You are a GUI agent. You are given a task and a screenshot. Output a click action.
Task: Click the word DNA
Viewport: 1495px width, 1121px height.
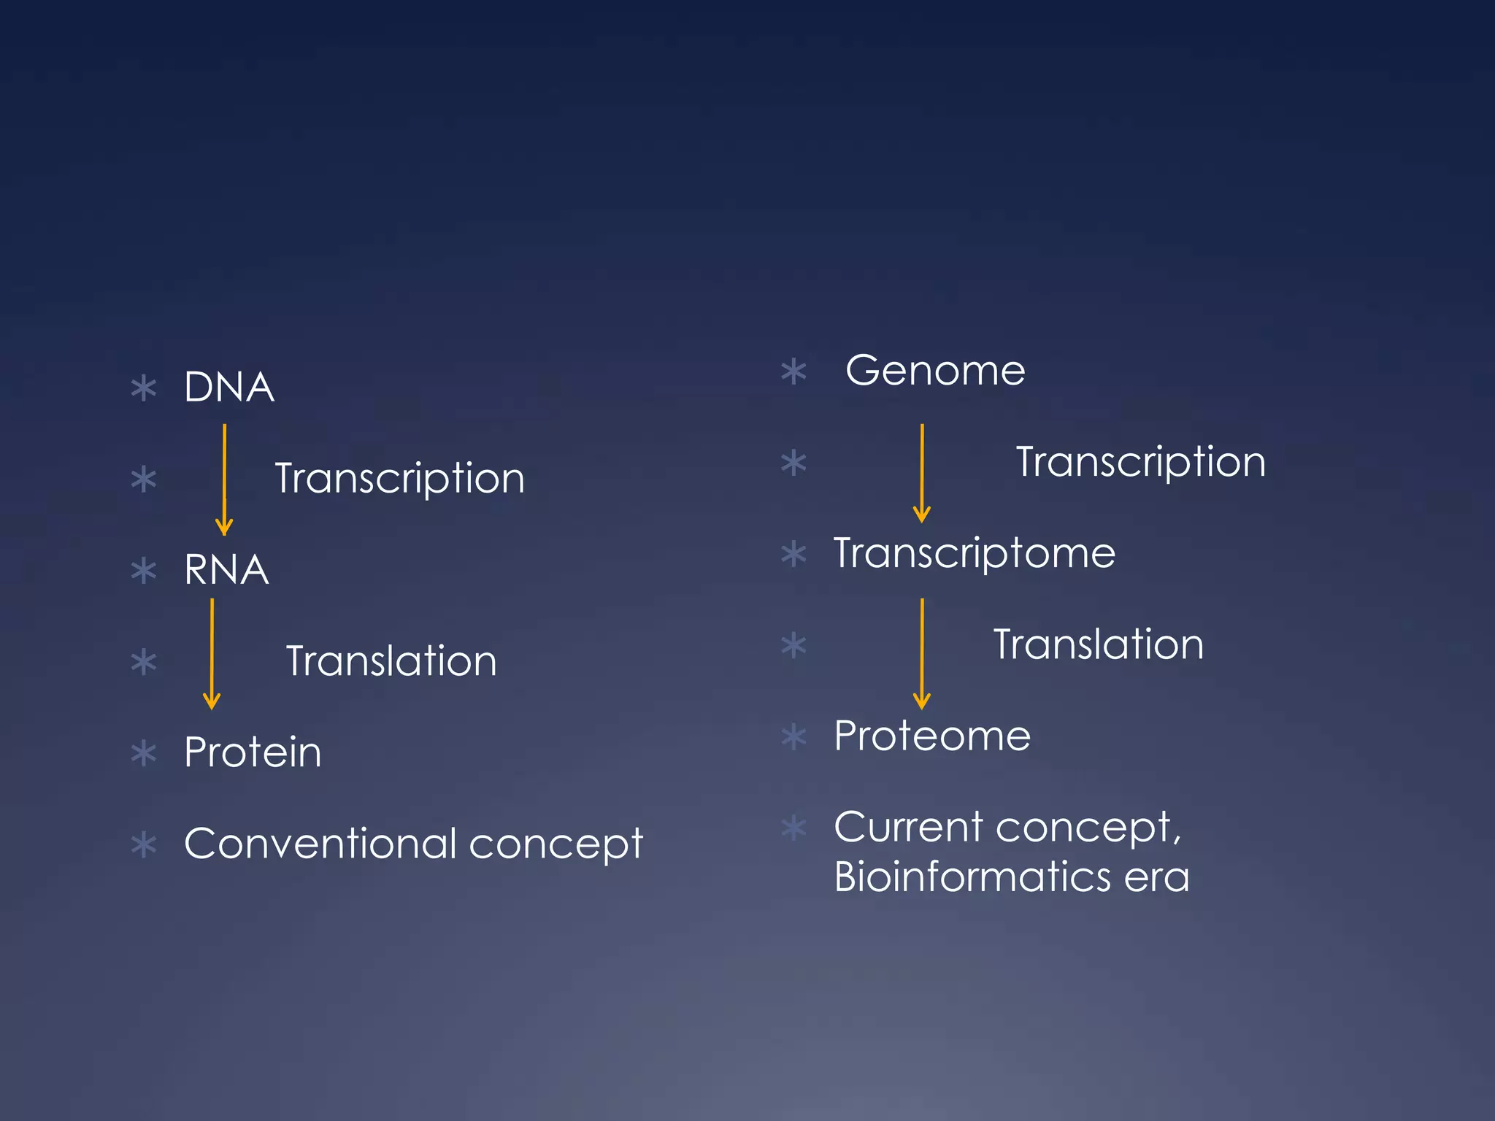tap(228, 387)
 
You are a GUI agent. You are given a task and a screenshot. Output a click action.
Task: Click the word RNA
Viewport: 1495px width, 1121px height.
tap(226, 570)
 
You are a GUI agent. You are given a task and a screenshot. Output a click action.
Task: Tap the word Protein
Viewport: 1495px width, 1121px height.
tap(253, 752)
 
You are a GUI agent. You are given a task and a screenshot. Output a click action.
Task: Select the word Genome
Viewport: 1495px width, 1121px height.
tap(935, 371)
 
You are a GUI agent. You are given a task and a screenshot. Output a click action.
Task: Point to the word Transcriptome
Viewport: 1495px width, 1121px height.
tap(975, 553)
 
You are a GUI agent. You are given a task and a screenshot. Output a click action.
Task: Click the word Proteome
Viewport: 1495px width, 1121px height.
tap(932, 736)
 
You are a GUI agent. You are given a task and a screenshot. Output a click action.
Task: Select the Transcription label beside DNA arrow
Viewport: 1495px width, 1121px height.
tap(399, 479)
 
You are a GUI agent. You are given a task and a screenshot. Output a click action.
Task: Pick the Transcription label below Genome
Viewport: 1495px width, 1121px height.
tap(1140, 462)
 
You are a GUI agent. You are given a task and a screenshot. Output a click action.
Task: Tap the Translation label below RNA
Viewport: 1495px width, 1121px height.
tap(391, 661)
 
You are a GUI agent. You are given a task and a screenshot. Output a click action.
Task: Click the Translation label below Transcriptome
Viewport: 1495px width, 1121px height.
tap(1099, 644)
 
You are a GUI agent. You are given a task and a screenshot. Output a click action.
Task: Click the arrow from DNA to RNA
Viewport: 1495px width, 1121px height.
tap(224, 479)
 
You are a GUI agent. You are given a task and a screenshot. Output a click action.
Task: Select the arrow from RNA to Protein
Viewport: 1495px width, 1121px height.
tap(212, 653)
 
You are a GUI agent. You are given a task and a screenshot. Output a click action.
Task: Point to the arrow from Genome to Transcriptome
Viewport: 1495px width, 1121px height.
tap(922, 473)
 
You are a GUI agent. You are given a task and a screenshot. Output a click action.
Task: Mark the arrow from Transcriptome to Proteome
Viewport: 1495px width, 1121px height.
tap(922, 653)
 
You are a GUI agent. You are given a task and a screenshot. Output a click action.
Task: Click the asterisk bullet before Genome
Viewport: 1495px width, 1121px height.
tap(793, 371)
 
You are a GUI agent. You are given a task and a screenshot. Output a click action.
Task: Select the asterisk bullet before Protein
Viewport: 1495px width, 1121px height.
tap(144, 753)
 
